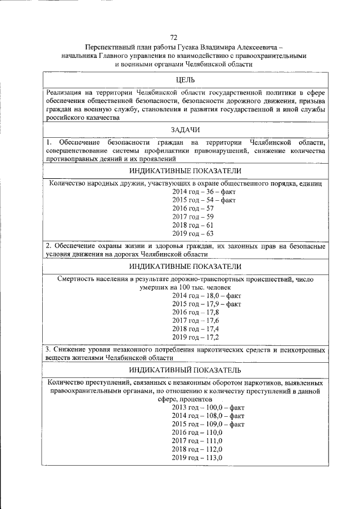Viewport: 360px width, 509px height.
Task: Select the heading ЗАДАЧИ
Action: [185, 130]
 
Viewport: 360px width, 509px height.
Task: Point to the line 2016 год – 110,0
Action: [197, 432]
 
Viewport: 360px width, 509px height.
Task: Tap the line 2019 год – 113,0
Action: [197, 458]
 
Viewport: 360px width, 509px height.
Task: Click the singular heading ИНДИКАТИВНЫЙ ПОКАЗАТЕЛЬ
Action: [185, 370]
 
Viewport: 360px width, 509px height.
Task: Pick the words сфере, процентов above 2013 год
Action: [185, 398]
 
